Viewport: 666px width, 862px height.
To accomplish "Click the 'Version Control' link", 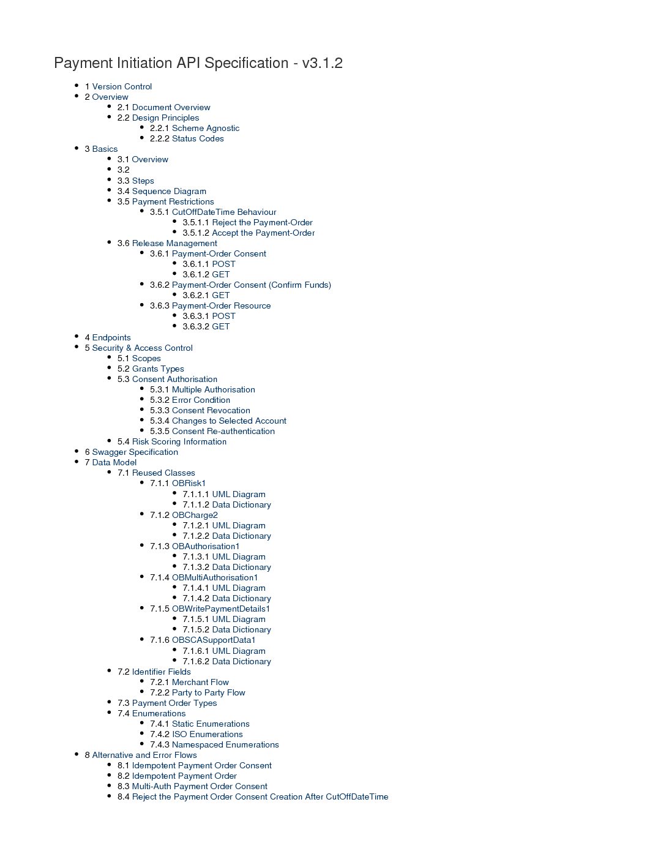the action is (122, 86).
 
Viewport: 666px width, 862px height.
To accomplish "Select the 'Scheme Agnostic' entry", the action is (206, 128).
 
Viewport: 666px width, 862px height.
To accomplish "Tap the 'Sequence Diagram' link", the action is (169, 191).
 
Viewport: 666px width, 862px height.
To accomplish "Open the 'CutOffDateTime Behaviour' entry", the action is (223, 212).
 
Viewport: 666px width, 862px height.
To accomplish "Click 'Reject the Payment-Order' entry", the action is (262, 222).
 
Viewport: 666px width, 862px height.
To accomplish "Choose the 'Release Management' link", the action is (174, 243).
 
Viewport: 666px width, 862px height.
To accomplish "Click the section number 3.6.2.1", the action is (195, 295).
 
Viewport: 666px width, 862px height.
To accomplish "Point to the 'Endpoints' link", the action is (111, 337).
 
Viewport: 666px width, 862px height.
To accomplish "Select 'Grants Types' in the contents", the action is (158, 369).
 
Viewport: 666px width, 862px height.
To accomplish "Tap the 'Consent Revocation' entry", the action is (211, 410).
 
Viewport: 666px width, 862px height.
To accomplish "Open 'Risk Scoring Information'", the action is (179, 441).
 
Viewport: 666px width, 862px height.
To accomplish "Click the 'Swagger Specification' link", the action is (135, 452).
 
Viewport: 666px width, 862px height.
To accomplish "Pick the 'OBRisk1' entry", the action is (189, 483).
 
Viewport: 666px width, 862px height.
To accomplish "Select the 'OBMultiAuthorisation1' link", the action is (215, 577).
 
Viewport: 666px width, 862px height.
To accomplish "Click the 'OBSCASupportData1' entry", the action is (214, 640).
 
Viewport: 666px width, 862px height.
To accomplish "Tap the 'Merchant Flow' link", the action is (200, 682).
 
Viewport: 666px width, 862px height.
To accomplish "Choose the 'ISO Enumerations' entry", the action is (207, 734).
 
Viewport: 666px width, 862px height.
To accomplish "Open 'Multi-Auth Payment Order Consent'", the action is (200, 786).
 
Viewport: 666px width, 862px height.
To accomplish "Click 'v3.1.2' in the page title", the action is (322, 63).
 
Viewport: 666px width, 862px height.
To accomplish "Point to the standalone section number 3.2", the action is (124, 170).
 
